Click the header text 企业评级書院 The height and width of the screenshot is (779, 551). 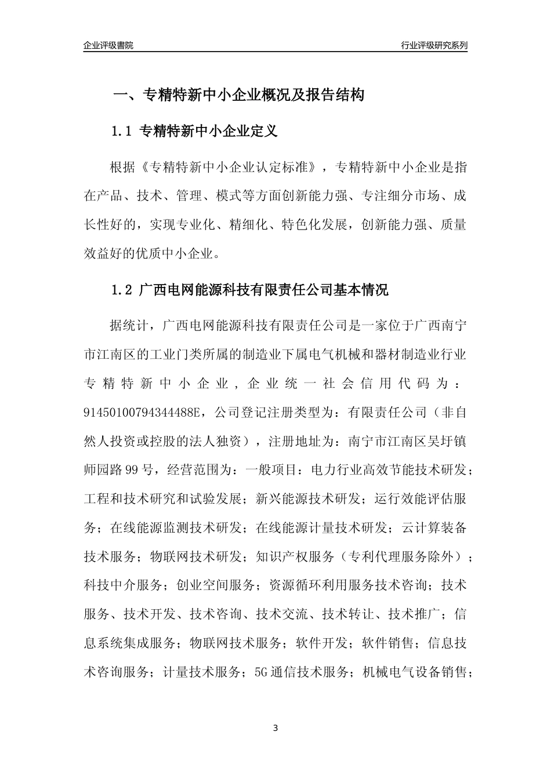click(108, 46)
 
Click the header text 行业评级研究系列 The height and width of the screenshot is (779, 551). click(434, 46)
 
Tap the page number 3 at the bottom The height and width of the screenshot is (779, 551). click(275, 728)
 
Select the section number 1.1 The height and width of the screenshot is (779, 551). click(122, 132)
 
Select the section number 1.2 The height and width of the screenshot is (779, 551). click(122, 290)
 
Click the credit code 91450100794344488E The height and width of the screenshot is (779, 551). click(142, 412)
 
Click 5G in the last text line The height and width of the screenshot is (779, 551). click(262, 672)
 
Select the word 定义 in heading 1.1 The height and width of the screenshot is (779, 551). click(265, 132)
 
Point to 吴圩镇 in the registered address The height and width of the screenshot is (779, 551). click(447, 441)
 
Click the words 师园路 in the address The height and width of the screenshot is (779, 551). click(103, 469)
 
